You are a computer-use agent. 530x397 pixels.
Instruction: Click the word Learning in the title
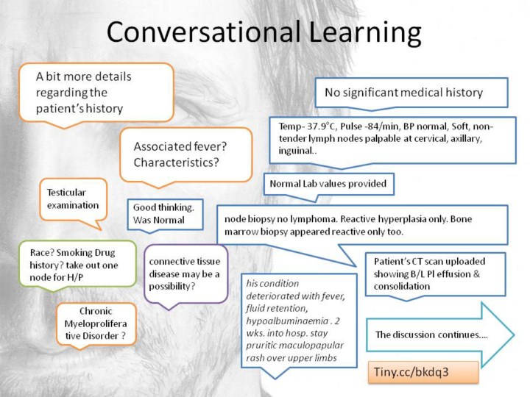pos(364,33)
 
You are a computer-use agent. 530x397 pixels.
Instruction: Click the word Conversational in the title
pos(204,31)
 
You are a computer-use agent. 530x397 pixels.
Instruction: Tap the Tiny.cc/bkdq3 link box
pos(423,372)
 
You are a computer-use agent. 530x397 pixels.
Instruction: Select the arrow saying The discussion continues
pos(439,335)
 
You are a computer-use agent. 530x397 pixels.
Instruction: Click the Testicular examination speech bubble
pos(74,199)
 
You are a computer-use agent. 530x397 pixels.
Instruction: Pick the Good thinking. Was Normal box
pos(165,214)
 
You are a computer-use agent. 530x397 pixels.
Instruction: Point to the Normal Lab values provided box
pos(328,184)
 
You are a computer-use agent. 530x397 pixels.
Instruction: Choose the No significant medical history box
pos(411,92)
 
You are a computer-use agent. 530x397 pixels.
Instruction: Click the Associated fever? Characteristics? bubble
pos(186,155)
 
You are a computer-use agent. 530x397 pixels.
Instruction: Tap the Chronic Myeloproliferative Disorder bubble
pos(96,323)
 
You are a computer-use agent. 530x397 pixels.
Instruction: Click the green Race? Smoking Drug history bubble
pos(77,265)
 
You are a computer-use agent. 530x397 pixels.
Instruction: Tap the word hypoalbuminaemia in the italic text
pos(286,321)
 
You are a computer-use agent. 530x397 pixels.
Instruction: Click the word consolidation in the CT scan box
pos(402,286)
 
